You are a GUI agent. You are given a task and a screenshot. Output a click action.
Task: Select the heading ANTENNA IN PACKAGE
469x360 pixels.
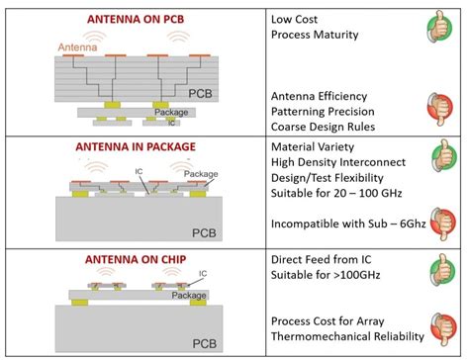pyautogui.click(x=136, y=146)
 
